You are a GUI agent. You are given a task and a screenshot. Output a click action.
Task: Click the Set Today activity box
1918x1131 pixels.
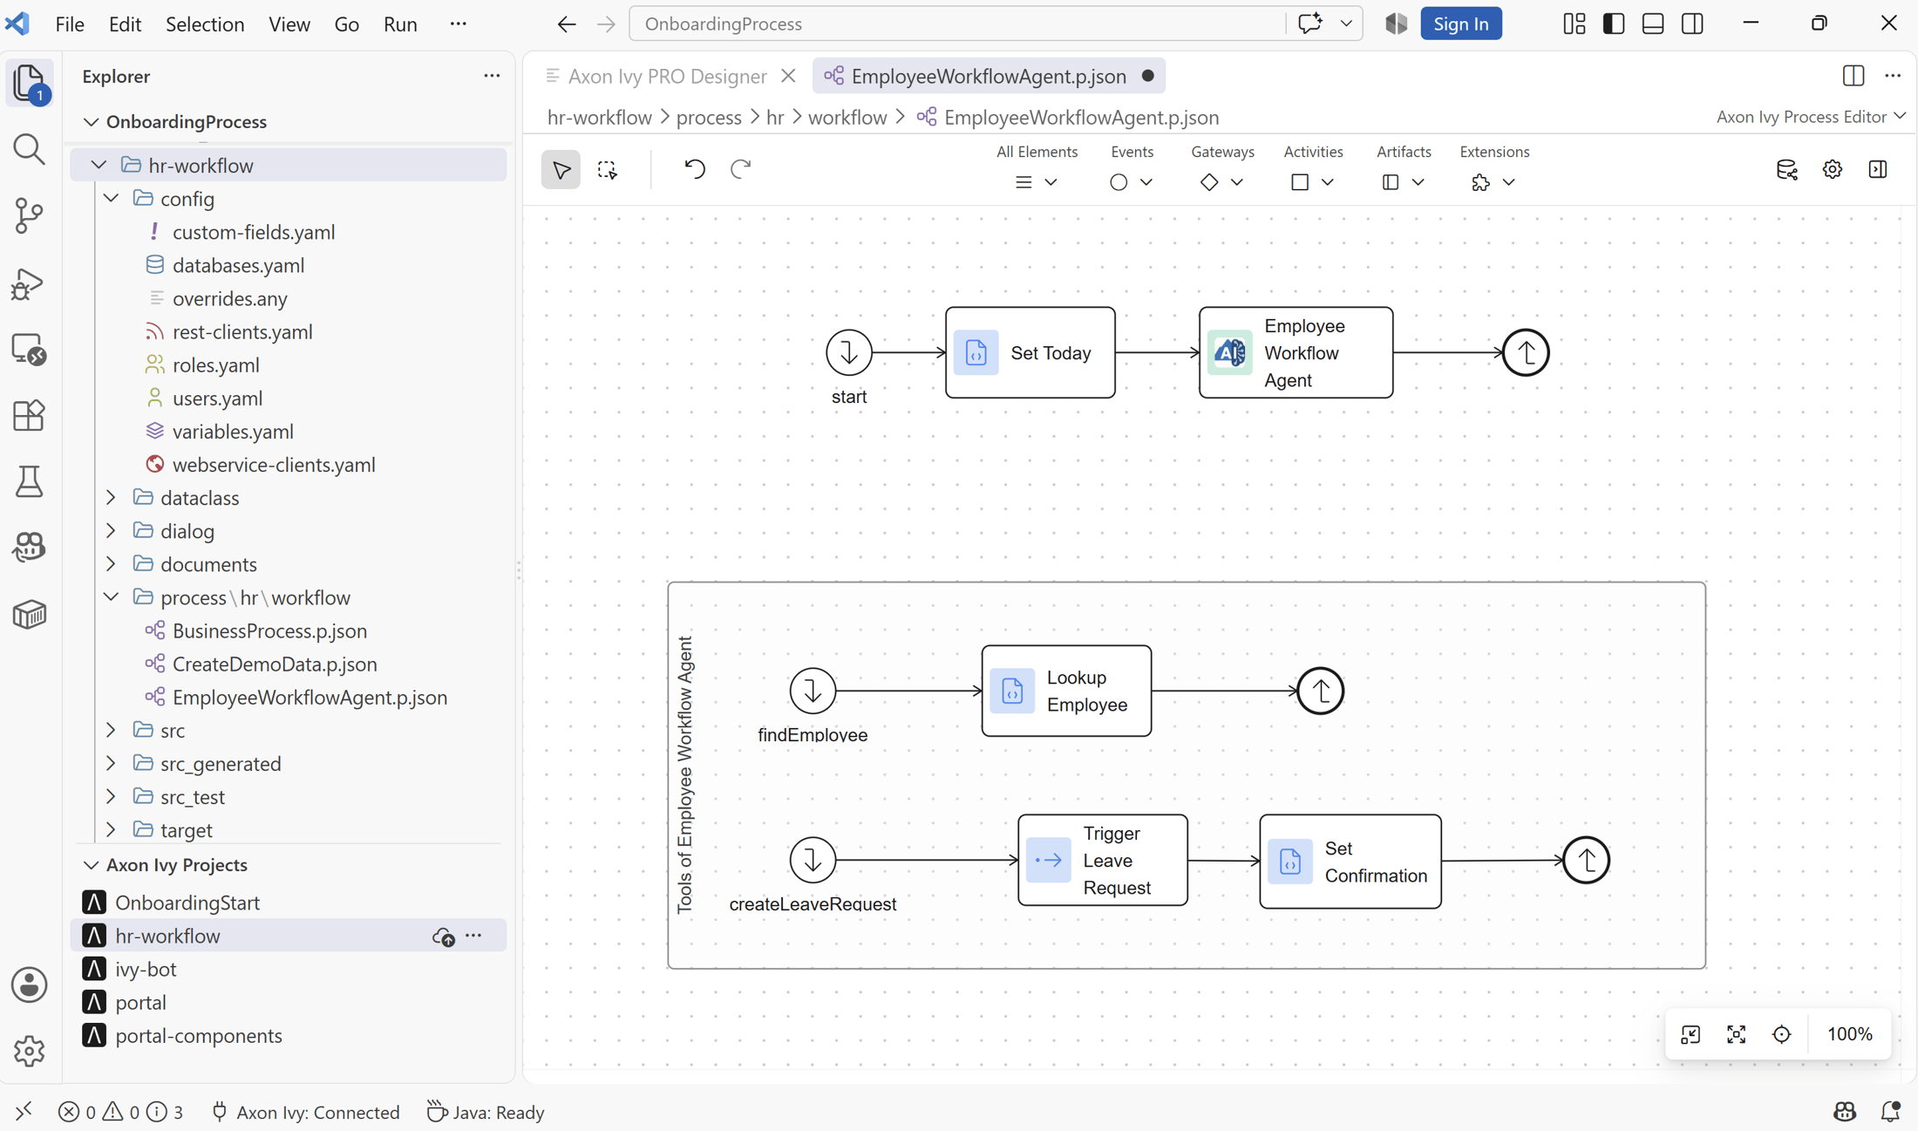click(1030, 352)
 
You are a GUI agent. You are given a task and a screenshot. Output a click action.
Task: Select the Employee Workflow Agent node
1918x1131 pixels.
click(1296, 352)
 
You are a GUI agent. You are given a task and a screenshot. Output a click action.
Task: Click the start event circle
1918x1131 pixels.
click(848, 352)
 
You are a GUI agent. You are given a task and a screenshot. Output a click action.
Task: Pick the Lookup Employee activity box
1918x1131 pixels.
click(1066, 691)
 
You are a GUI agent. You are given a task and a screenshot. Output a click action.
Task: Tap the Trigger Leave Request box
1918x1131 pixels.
click(1103, 860)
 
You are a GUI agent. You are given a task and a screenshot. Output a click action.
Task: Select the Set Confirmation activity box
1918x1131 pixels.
click(1350, 861)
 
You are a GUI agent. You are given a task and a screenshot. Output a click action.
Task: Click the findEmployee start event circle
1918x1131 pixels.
click(813, 691)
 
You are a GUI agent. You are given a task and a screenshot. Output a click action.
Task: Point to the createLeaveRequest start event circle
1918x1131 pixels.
click(813, 860)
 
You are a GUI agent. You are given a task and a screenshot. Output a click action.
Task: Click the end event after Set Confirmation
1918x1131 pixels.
click(1586, 860)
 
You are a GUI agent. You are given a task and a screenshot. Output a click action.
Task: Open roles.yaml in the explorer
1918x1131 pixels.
click(215, 365)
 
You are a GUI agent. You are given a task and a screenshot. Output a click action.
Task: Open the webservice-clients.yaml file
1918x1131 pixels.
click(274, 464)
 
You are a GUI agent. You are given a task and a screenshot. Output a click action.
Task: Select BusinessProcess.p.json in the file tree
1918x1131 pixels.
click(269, 630)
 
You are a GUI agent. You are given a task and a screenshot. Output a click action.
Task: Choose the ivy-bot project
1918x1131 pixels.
click(146, 969)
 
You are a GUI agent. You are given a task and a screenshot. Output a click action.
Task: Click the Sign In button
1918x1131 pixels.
click(1461, 24)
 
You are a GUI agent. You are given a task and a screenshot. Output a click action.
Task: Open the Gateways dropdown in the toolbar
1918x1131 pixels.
click(1222, 181)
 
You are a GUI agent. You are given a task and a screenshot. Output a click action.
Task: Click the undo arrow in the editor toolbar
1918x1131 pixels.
click(695, 168)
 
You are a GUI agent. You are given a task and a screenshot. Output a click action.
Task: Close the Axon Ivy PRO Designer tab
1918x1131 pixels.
click(788, 76)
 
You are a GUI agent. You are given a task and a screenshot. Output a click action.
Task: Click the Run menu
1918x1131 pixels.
click(400, 24)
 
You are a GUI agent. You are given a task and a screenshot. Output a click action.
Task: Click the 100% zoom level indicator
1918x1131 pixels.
click(1850, 1034)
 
